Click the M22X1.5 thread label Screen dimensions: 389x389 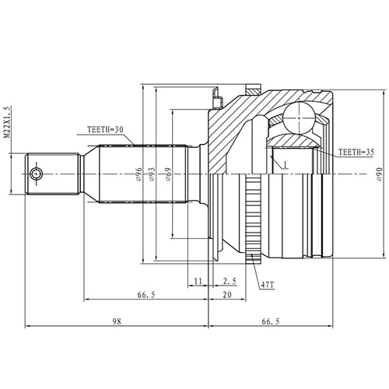(8, 124)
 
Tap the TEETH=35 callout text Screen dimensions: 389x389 (357, 152)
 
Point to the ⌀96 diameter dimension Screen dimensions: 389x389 (138, 177)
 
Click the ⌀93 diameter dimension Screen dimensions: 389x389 (152, 177)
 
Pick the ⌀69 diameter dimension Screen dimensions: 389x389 (167, 177)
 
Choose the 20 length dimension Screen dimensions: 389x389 (226, 296)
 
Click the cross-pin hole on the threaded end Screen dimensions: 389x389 (35, 173)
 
